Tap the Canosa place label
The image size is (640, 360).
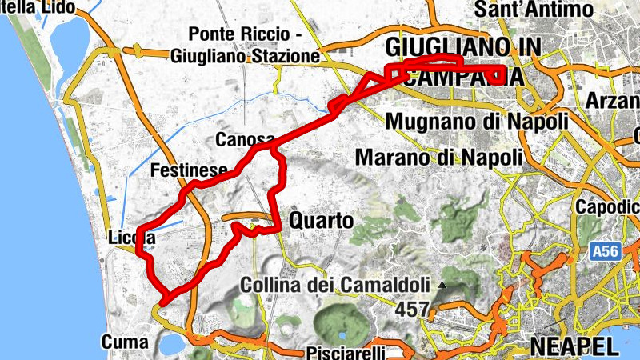click(x=245, y=140)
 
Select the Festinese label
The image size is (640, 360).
click(x=189, y=170)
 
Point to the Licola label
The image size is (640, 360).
click(x=131, y=238)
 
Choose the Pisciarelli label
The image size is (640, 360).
click(x=344, y=353)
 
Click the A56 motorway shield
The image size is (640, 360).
click(x=606, y=252)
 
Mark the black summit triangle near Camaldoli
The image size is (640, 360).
click(x=441, y=285)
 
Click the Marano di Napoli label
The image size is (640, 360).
click(x=438, y=156)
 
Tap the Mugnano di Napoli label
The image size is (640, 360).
click(x=476, y=121)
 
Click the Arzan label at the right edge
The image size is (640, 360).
click(x=613, y=102)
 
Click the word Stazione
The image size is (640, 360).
click(x=283, y=57)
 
